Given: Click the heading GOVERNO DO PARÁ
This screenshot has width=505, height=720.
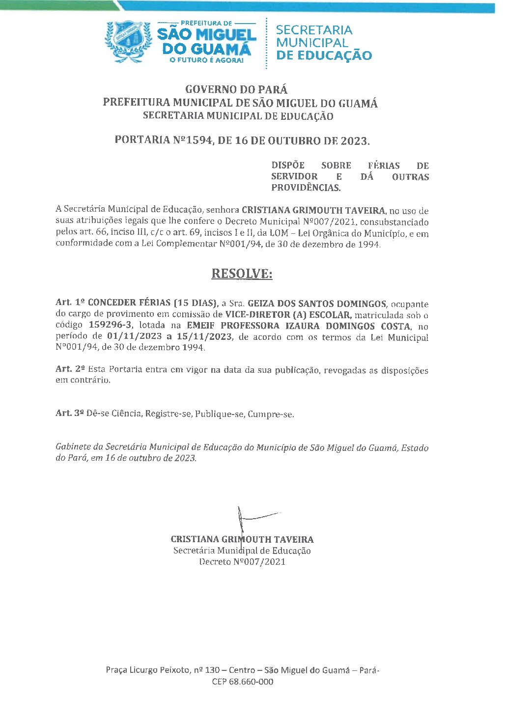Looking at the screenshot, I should click(x=236, y=89).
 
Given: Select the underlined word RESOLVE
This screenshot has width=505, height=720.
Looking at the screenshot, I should click(x=242, y=274).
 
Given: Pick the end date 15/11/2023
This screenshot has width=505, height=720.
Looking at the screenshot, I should click(x=201, y=336).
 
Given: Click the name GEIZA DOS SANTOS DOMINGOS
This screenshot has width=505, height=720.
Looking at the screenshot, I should click(x=317, y=304).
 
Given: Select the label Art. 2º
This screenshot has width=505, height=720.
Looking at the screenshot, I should click(x=70, y=369).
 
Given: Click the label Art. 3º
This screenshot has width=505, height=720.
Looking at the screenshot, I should click(x=70, y=414).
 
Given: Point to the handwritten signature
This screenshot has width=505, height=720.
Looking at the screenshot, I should click(x=253, y=518).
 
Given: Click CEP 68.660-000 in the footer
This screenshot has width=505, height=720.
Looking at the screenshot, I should click(x=243, y=682).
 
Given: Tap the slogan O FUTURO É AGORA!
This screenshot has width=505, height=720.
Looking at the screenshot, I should click(x=206, y=60).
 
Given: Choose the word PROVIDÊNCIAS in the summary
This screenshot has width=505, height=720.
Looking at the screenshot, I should click(x=306, y=188).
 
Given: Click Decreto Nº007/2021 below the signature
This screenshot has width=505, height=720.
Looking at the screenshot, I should click(x=242, y=562).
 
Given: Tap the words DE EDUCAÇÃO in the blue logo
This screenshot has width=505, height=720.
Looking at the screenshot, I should click(x=324, y=55).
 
